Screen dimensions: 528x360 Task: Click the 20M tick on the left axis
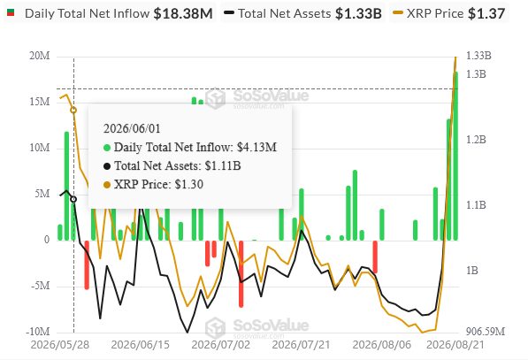(x=40, y=56)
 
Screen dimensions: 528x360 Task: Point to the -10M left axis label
(x=38, y=332)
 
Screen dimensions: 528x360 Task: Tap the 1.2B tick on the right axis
(x=476, y=140)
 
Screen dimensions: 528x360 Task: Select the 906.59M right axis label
(x=486, y=332)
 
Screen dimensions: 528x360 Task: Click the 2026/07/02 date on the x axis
(x=221, y=345)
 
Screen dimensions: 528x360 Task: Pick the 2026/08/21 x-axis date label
(x=455, y=345)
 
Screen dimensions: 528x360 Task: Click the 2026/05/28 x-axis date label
(x=60, y=345)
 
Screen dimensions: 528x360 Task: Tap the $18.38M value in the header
(x=183, y=13)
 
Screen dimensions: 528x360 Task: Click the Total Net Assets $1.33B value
(x=358, y=13)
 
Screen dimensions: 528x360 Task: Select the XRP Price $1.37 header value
(x=486, y=13)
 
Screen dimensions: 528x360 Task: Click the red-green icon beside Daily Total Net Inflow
(x=11, y=12)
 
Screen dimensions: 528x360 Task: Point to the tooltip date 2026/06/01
(x=132, y=128)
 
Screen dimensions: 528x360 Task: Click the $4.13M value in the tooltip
(x=256, y=147)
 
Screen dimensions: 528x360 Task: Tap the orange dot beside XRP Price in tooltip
(x=107, y=185)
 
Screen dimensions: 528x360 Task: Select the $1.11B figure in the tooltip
(x=223, y=165)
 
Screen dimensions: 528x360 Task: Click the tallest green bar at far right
(x=455, y=156)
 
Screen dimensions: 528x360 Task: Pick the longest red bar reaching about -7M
(x=241, y=274)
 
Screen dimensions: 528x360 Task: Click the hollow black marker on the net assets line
(x=73, y=199)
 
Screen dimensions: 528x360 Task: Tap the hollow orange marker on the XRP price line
(x=73, y=110)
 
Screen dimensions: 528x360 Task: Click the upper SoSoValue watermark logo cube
(x=215, y=98)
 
